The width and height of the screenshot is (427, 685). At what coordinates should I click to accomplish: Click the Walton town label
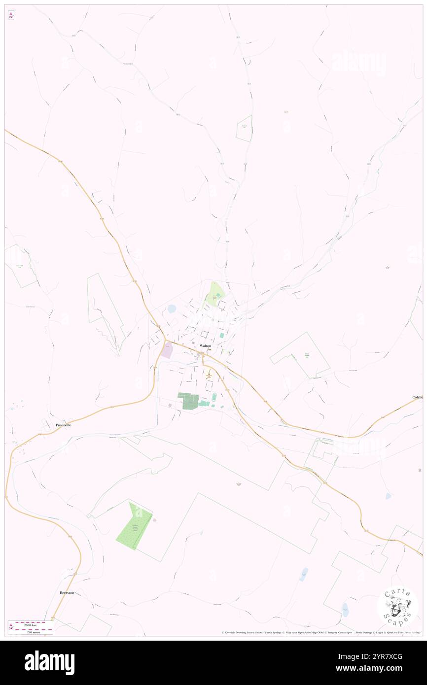[206, 346]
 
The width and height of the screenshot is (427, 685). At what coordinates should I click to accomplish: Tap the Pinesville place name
[63, 424]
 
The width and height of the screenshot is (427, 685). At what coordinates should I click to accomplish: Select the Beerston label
[67, 592]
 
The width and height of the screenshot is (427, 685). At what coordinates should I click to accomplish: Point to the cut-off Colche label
[417, 397]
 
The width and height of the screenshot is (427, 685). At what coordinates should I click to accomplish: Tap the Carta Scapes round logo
[397, 606]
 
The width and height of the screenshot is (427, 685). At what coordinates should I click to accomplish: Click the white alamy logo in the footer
[49, 663]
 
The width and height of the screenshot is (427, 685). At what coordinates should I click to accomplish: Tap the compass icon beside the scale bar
[11, 626]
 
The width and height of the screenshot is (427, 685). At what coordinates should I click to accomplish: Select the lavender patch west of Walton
[167, 350]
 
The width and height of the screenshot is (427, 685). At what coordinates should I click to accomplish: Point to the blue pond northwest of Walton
[172, 309]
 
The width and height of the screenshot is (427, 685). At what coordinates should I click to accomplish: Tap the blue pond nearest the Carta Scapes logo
[345, 609]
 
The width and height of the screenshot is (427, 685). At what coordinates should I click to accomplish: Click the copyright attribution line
[320, 632]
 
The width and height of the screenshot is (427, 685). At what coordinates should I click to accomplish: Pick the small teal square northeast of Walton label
[222, 336]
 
